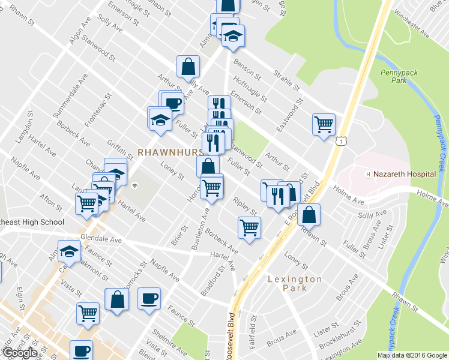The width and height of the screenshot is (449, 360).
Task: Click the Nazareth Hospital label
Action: pyautogui.click(x=405, y=174)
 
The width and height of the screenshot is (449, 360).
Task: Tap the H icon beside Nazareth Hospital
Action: pyautogui.click(x=369, y=174)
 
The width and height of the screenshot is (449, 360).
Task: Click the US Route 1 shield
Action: pyautogui.click(x=340, y=140)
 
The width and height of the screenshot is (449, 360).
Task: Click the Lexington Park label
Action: pyautogui.click(x=295, y=283)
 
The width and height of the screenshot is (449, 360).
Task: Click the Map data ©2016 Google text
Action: pyautogui.click(x=412, y=355)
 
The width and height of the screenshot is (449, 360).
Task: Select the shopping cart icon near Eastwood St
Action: pyautogui.click(x=324, y=125)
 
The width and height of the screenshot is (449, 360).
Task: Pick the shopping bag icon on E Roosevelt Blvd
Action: pyautogui.click(x=308, y=214)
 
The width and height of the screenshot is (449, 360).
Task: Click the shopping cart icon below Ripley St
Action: pyautogui.click(x=249, y=227)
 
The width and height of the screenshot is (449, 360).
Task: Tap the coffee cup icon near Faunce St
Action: pyautogui.click(x=149, y=298)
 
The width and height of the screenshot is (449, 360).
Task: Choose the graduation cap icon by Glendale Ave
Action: pyautogui.click(x=69, y=251)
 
